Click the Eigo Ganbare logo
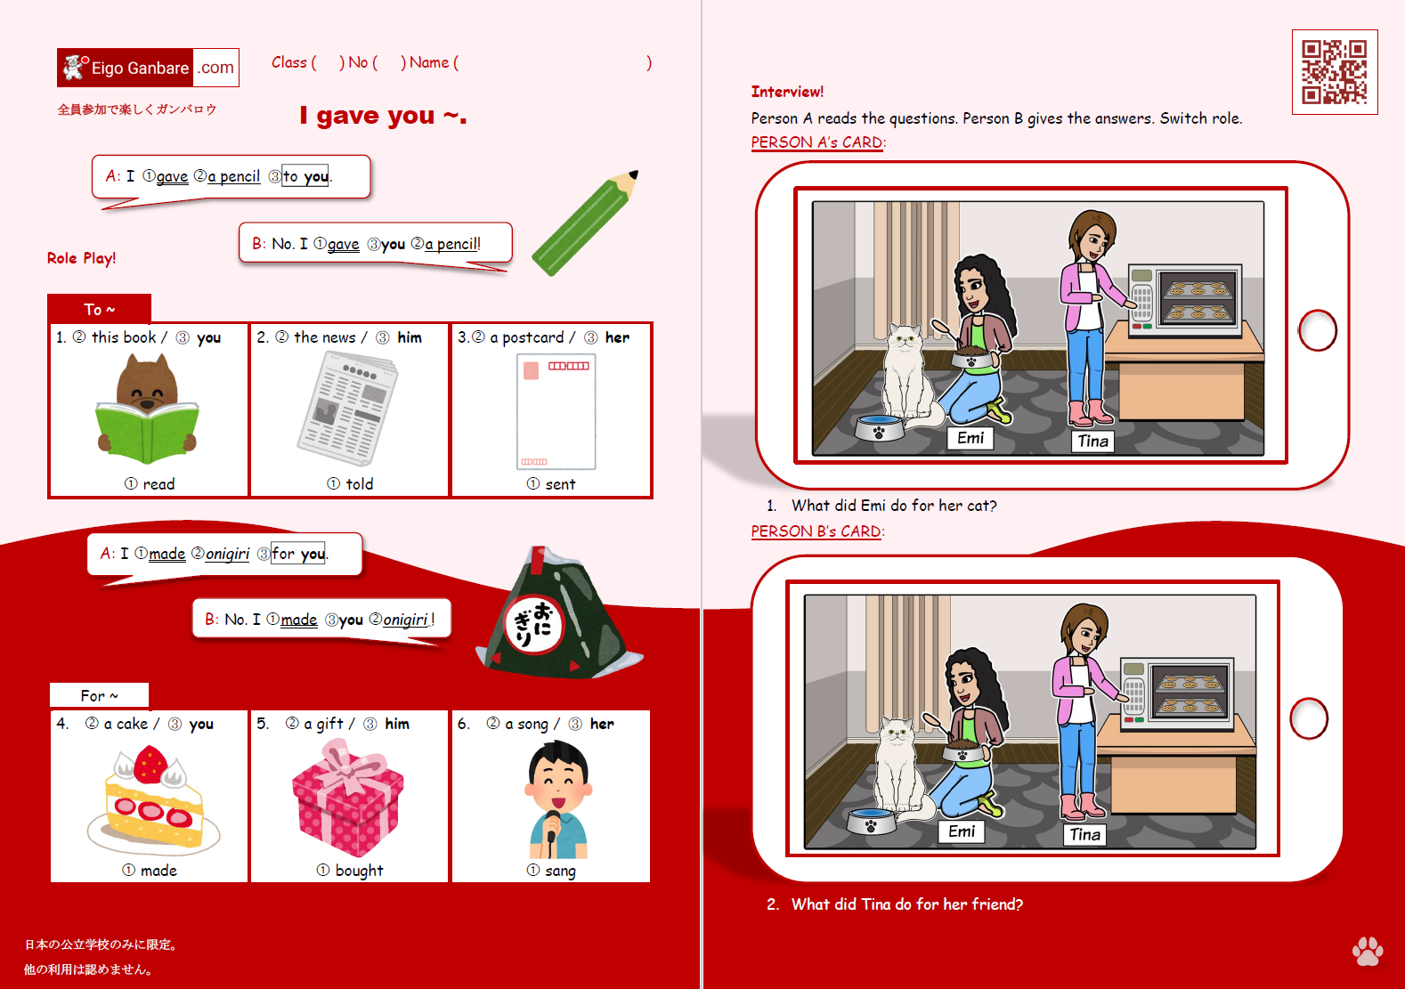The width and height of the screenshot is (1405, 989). coord(148,68)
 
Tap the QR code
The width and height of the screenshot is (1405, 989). coord(1334,72)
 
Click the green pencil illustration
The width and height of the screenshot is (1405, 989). coord(584,223)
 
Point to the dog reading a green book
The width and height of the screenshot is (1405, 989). coord(148,409)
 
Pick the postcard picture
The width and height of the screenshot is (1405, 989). coord(556,411)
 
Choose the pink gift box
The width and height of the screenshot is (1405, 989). coord(347,798)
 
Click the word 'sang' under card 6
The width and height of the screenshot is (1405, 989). coord(560,871)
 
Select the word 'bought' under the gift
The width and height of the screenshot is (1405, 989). coord(359,871)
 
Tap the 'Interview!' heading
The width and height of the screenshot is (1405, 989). coord(787,92)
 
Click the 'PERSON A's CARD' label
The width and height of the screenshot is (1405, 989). coord(817,142)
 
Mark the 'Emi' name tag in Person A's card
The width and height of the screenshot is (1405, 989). coord(971,438)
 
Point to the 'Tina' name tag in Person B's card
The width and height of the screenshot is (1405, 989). coord(1084,834)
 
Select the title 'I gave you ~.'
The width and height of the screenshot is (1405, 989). coord(383,116)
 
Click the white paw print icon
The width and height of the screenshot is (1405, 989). coord(1367,951)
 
